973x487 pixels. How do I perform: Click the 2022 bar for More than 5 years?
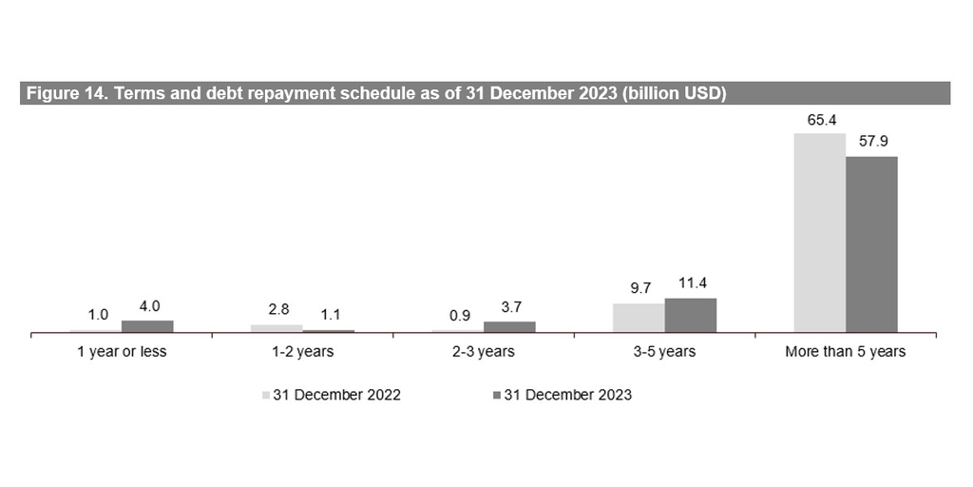coord(819,233)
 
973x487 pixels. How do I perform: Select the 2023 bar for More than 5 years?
coord(871,244)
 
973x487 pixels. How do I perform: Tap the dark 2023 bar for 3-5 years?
coord(691,315)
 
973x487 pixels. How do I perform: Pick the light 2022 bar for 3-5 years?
coord(639,318)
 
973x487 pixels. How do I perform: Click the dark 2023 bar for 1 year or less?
coord(147,326)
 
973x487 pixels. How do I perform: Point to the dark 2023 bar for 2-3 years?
coord(509,326)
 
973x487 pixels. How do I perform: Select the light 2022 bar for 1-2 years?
coord(277,328)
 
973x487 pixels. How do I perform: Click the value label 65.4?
coord(819,122)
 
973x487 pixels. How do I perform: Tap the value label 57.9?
coord(871,144)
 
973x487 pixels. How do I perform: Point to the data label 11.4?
coord(691,284)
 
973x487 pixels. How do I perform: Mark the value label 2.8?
coord(277,311)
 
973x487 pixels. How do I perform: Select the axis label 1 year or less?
coord(122,352)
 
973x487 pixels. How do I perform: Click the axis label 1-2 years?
coord(302,352)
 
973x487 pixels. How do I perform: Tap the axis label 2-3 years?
coord(484,352)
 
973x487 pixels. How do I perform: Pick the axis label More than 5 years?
coord(845,352)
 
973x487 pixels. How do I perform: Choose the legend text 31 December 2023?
coord(567,395)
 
